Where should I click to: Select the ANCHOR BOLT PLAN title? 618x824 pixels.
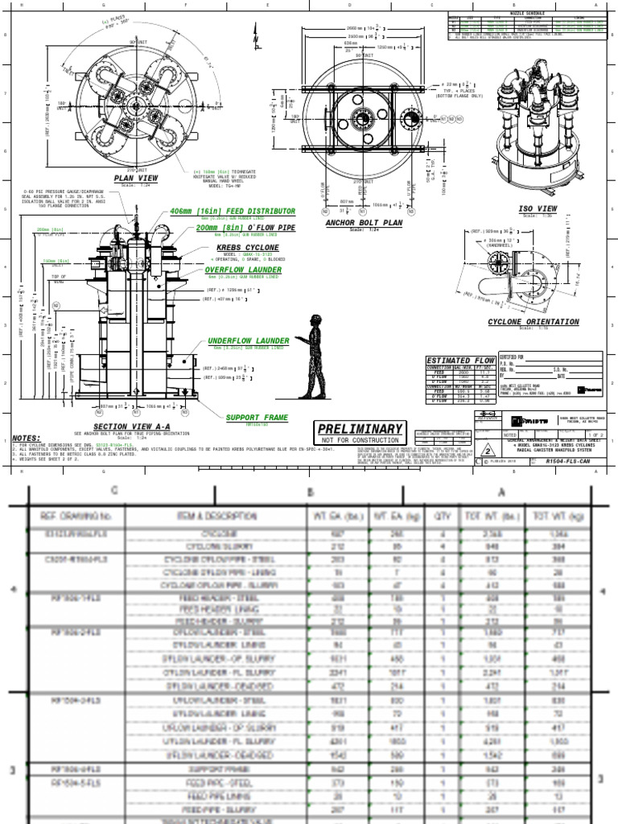coord(364,223)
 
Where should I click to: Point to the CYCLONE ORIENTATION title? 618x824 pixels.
coord(533,322)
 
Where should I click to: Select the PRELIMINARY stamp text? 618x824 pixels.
coord(359,429)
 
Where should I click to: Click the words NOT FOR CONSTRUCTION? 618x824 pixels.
coord(359,441)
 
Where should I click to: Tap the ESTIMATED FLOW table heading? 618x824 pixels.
coord(460,360)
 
